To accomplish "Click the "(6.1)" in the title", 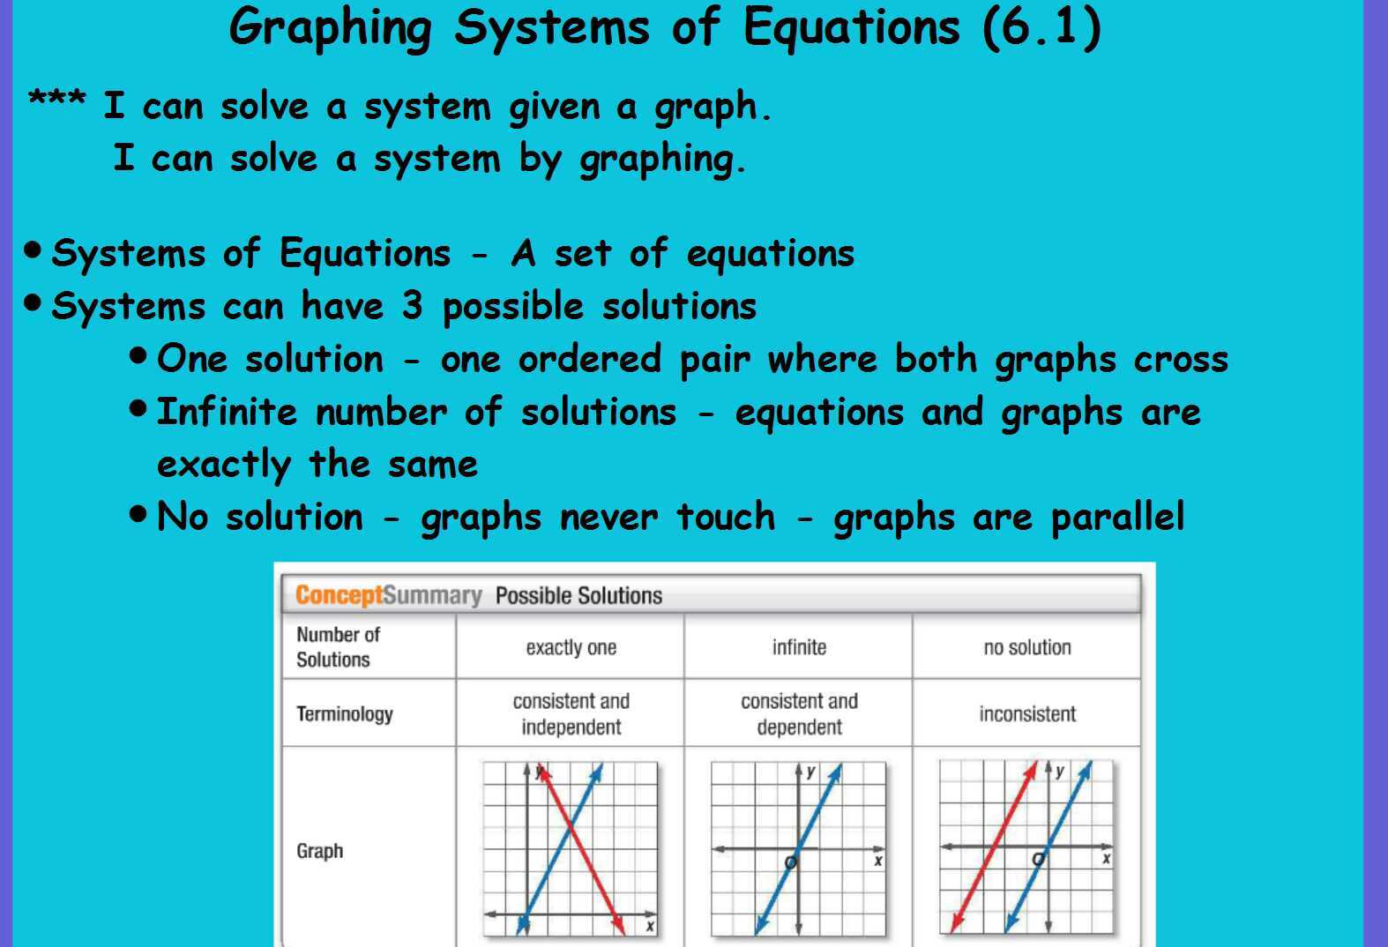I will coord(1041,26).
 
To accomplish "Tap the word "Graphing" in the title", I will coord(330,28).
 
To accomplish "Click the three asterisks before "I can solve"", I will coord(56,99).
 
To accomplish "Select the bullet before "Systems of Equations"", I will coord(34,250).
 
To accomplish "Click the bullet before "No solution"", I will coord(138,512).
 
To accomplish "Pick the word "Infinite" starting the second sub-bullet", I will coord(227,412).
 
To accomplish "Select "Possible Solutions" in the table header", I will coord(578,596).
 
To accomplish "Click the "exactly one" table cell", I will coord(571,647).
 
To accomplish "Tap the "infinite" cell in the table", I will coord(799,647).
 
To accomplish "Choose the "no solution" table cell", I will coord(1027,647).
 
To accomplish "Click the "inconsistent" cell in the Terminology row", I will coord(1027,713).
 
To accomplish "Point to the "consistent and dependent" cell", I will coord(799,713).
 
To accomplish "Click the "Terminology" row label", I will coord(345,713).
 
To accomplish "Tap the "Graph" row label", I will coord(319,851).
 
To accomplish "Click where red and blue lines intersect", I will coord(571,828).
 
